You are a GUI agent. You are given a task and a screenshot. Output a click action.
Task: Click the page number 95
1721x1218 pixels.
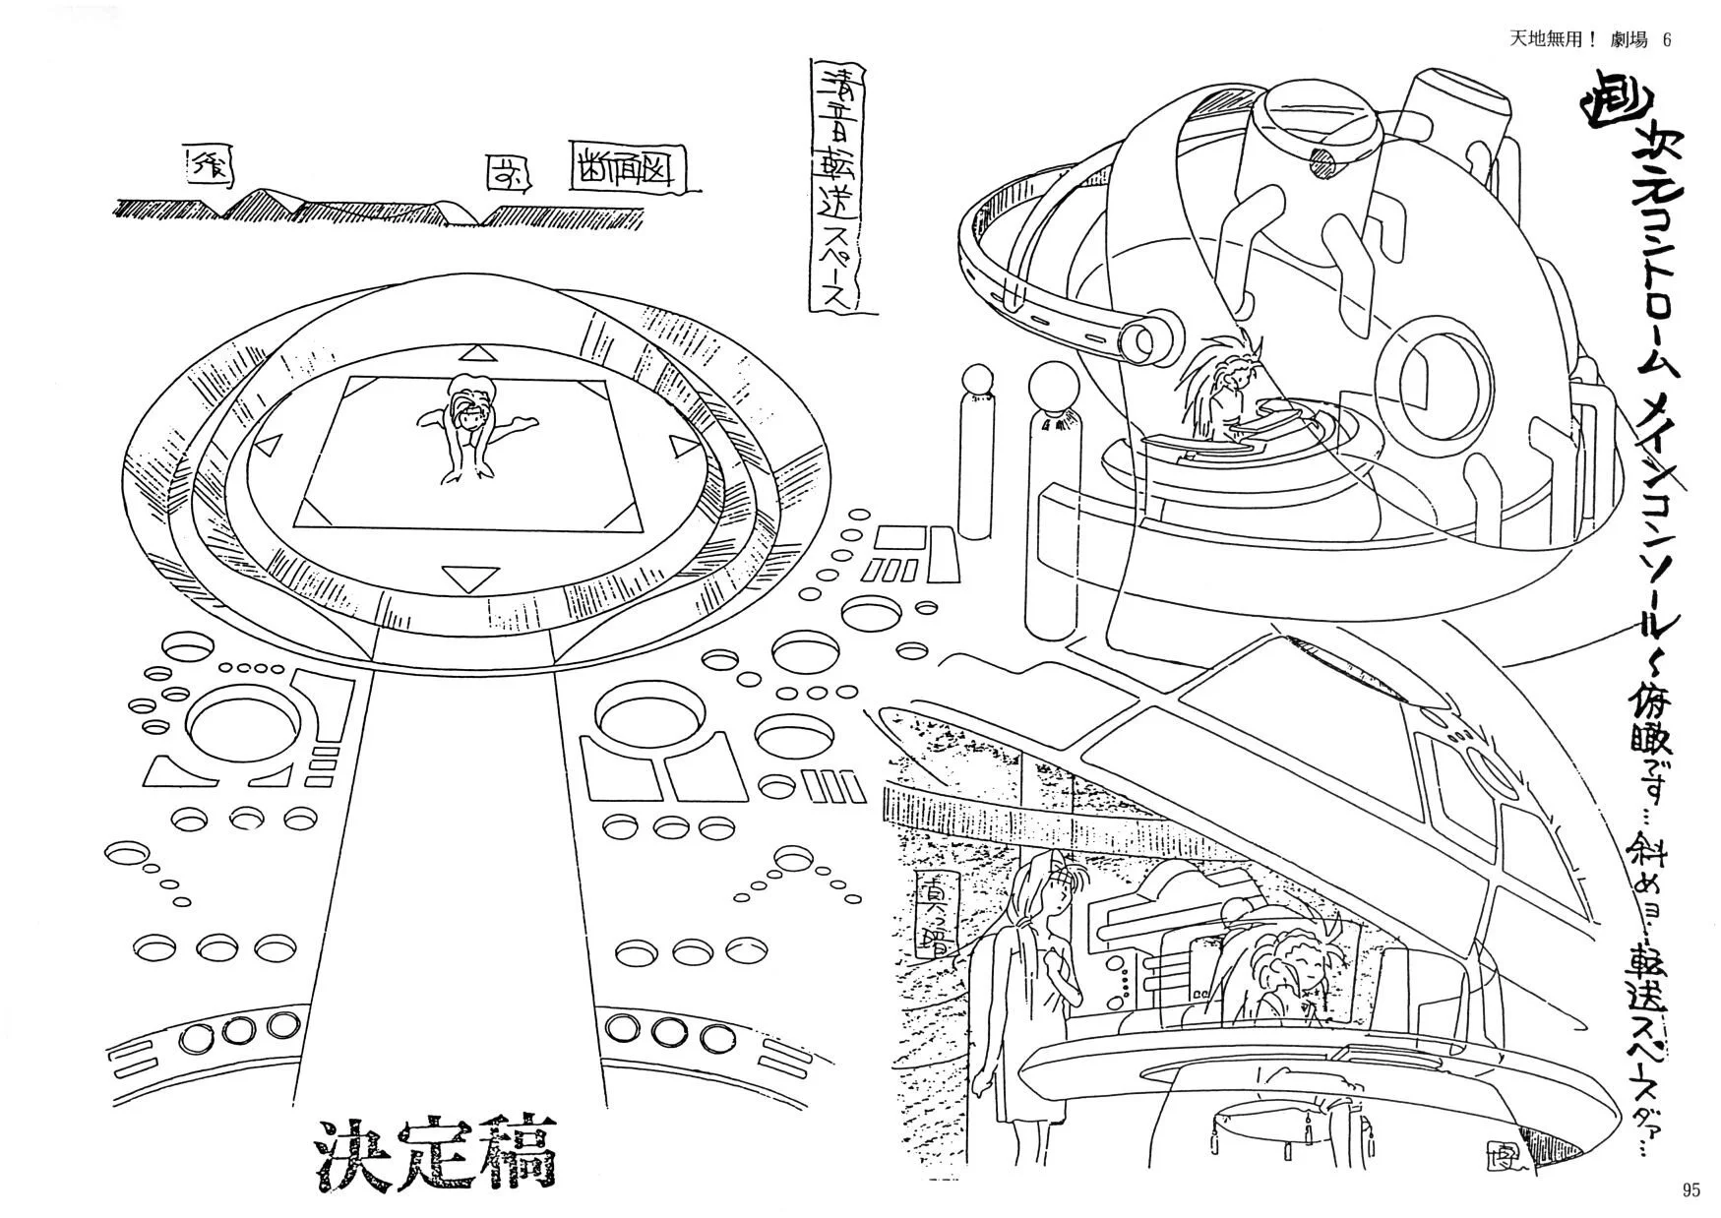tap(1690, 1189)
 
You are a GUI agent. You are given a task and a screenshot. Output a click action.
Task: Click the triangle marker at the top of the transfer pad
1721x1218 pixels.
tap(479, 353)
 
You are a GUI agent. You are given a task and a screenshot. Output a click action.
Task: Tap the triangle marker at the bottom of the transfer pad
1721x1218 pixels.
tap(464, 576)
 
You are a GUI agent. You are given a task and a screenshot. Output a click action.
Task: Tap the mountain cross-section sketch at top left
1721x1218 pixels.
tap(325, 205)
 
